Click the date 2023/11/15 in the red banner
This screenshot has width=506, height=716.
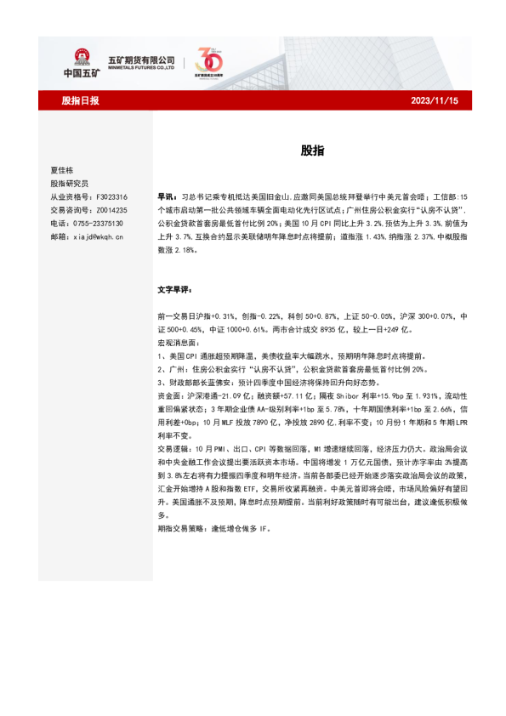[x=435, y=101]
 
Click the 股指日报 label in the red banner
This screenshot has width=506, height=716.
[x=81, y=101]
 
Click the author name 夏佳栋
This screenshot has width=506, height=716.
[x=62, y=170]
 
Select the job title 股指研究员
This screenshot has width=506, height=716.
[x=69, y=183]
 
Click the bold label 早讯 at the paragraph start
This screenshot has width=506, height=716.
[x=167, y=196]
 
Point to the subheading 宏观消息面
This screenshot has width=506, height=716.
[x=179, y=344]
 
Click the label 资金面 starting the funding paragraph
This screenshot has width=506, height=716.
[x=170, y=397]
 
